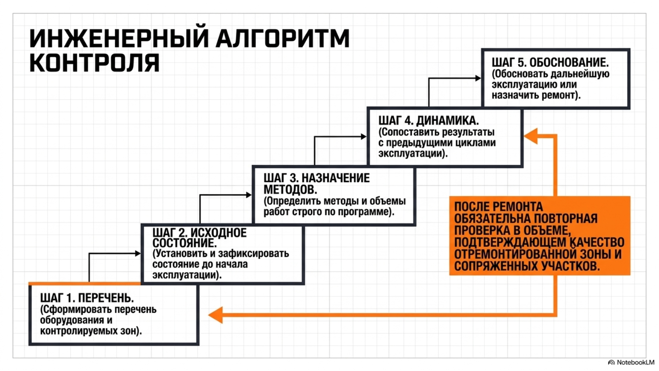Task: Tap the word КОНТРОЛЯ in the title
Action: (x=94, y=62)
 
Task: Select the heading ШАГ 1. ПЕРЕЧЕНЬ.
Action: (x=87, y=298)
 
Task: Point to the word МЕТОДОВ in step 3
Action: (x=290, y=189)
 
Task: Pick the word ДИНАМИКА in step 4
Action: (x=447, y=121)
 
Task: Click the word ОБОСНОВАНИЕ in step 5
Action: (x=569, y=63)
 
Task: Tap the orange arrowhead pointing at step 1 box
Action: (x=215, y=315)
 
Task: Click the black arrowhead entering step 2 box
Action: (x=138, y=253)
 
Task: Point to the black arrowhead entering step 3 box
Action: (x=249, y=195)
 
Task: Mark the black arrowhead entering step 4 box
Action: (x=364, y=136)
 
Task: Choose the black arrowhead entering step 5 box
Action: (x=478, y=78)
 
